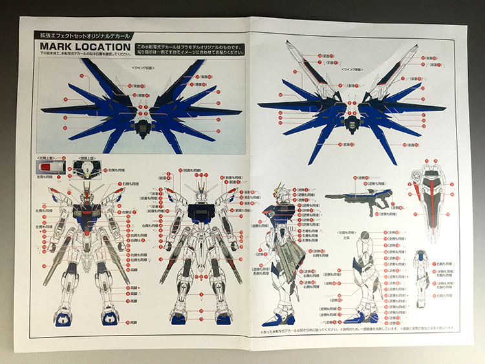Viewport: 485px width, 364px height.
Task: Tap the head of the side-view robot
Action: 284,188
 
